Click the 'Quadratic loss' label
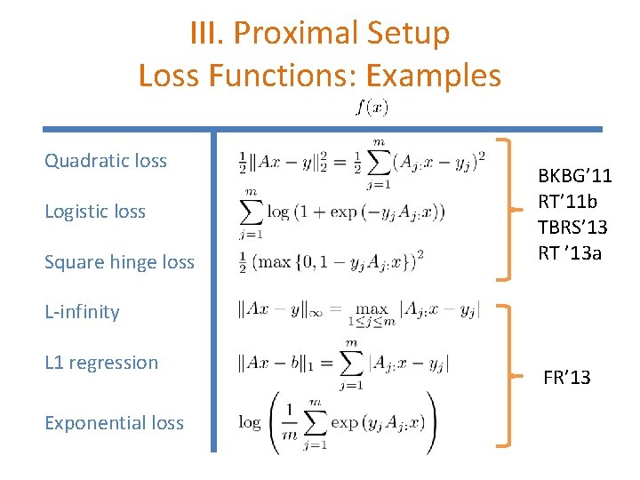point(106,161)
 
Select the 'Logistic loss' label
point(95,212)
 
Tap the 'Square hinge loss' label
point(119,262)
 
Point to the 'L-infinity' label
point(82,312)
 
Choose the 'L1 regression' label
point(101,363)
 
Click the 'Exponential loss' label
point(114,423)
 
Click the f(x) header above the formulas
point(372,108)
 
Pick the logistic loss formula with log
point(342,212)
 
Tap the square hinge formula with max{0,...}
point(332,260)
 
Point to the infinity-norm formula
point(359,311)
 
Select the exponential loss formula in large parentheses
point(338,421)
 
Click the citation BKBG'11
point(575,178)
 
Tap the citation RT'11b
point(569,203)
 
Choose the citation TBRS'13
point(573,228)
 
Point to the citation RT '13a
point(570,253)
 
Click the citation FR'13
point(566,378)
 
